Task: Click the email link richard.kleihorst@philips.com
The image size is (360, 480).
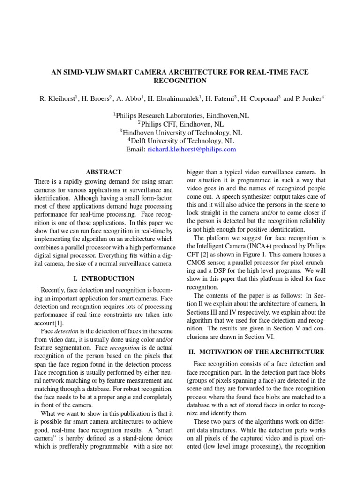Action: coord(192,150)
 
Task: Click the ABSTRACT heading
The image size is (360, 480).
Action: coord(104,172)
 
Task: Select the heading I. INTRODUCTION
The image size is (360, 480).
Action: coord(104,278)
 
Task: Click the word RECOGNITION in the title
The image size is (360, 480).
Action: coord(180,81)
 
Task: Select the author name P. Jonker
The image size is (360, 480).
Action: coord(310,99)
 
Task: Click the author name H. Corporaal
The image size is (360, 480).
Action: coord(260,99)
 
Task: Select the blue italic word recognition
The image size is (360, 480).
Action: coord(125,349)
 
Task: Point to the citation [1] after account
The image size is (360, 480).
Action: coord(61,323)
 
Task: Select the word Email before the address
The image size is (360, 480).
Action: coord(135,150)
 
